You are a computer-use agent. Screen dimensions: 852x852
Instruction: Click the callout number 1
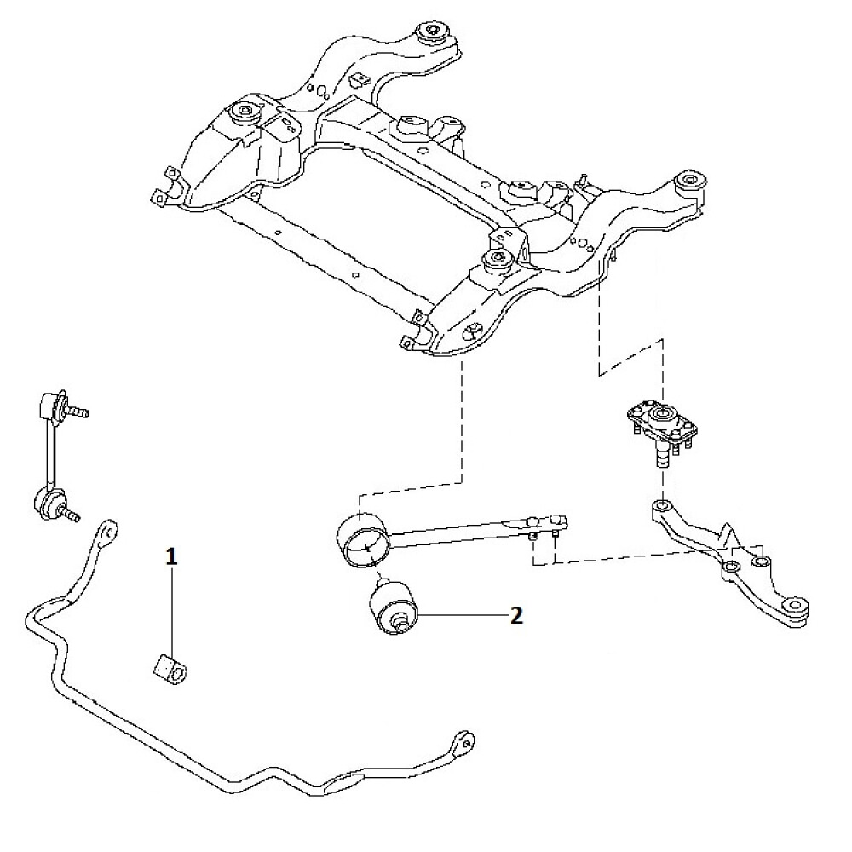[x=171, y=557]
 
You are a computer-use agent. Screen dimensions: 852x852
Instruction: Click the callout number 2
[x=516, y=615]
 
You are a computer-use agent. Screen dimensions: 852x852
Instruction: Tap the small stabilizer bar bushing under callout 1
[x=169, y=671]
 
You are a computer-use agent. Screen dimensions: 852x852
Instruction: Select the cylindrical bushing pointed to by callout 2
[x=395, y=607]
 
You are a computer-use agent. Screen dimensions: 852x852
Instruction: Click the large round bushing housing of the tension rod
[x=364, y=540]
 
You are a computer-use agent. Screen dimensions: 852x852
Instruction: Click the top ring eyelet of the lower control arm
[x=662, y=506]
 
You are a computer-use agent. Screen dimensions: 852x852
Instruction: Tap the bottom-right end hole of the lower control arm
[x=796, y=604]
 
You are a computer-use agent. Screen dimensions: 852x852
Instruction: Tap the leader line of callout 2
[x=463, y=615]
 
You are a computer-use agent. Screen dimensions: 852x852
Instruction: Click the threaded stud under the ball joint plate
[x=662, y=455]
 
